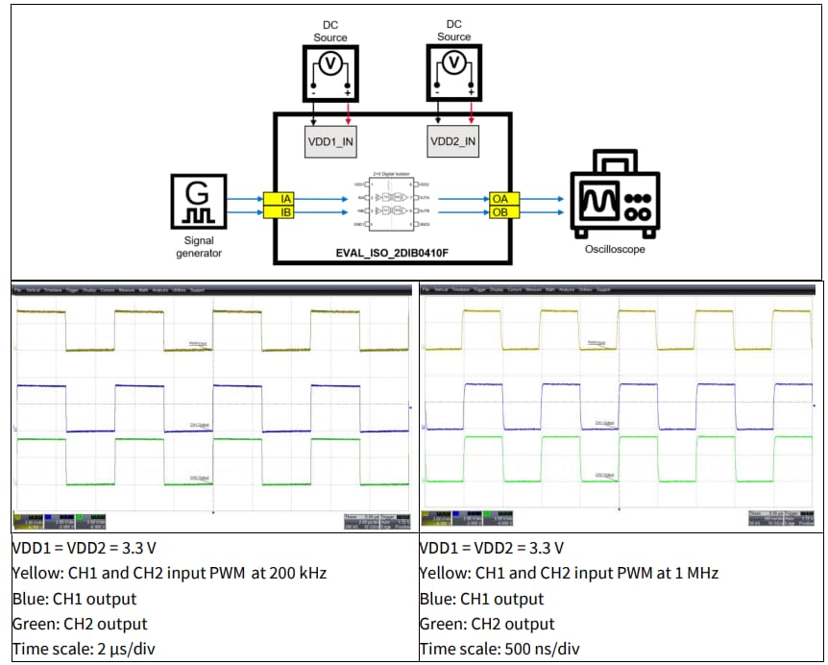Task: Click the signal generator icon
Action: coord(199,205)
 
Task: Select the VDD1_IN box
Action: coord(330,142)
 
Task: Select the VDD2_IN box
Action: coord(452,142)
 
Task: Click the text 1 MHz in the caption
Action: coord(696,573)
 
